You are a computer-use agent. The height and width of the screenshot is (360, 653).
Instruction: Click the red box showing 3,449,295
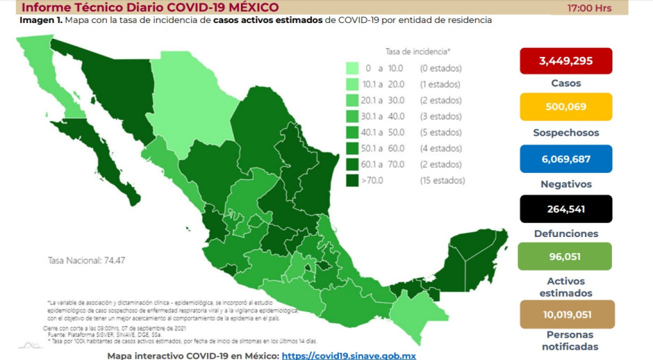coord(565,60)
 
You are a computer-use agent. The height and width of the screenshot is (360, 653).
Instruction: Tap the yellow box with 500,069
coord(565,107)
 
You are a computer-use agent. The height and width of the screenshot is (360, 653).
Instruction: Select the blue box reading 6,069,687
coord(565,158)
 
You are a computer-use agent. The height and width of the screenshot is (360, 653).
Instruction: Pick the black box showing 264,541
coord(565,208)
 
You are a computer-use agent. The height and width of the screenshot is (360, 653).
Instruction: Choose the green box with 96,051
coord(565,256)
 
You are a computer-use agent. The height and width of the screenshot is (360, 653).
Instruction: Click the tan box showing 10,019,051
coord(565,314)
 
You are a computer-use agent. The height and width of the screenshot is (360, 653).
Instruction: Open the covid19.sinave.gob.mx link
coord(349,354)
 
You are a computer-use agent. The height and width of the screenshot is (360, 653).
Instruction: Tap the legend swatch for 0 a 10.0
coord(352,68)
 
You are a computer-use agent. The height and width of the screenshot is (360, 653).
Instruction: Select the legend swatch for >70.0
coord(352,180)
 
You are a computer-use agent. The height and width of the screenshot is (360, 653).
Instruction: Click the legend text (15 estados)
coord(442,180)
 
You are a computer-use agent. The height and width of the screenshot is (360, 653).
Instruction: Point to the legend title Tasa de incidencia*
coord(418,51)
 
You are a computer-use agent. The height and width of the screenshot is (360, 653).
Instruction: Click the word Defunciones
coord(565,234)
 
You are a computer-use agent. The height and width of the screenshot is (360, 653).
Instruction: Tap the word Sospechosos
coord(565,133)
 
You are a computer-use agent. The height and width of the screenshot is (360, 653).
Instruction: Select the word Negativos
coord(565,184)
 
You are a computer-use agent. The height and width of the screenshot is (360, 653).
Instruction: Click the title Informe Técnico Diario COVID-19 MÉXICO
coord(149,8)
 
